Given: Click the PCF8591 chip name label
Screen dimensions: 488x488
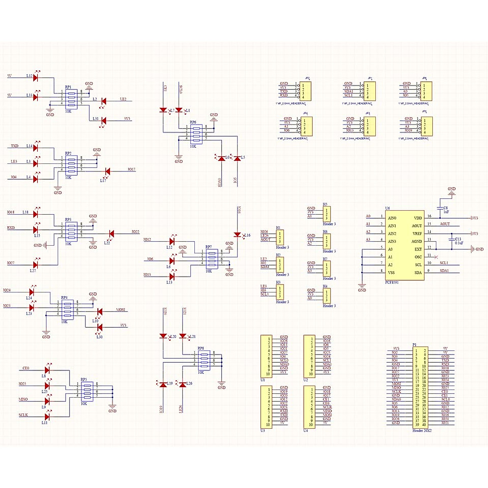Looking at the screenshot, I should pos(392,282).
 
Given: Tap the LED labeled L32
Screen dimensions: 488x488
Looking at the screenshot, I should pos(36,76).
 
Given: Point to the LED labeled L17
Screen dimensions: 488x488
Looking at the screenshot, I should pos(108,171).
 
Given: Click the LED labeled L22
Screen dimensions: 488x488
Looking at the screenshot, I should pos(111,233).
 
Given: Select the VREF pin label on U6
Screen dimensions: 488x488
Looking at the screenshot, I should pos(418,233).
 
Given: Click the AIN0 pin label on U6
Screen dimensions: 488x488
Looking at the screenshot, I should pos(392,218).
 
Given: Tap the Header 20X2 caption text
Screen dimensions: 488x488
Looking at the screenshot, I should pos(422,430).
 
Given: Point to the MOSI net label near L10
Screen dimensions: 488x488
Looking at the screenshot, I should pos(122,310).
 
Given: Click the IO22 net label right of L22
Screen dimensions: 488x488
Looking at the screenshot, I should pos(135,232).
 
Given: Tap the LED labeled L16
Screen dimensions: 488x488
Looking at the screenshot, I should pos(237,235).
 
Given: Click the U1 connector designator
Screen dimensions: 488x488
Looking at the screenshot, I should pos(263,380).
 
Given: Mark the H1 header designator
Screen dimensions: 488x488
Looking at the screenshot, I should pos(278,228).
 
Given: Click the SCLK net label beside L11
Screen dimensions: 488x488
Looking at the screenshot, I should pos(23,415).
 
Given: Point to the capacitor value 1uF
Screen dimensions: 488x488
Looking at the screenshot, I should pos(446,212).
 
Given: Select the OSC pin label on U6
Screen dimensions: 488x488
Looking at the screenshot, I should pos(418,257).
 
